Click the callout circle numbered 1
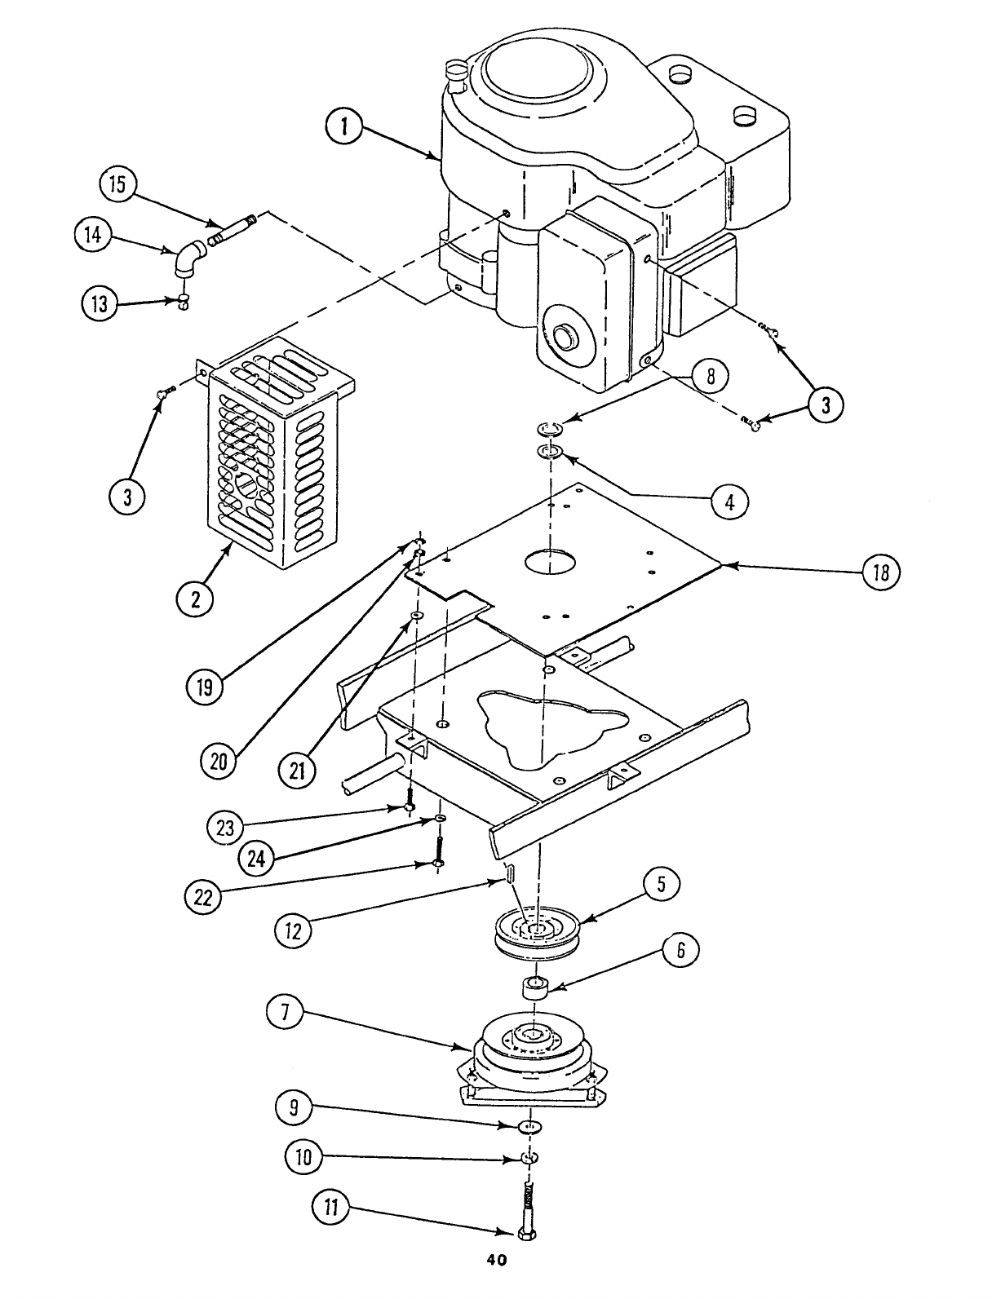click(x=345, y=127)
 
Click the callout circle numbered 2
click(x=196, y=599)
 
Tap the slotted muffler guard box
click(x=273, y=457)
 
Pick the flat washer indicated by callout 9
click(x=531, y=1126)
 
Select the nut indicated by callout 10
click(x=529, y=1158)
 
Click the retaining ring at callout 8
click(x=550, y=428)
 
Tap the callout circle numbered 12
click(x=294, y=930)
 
